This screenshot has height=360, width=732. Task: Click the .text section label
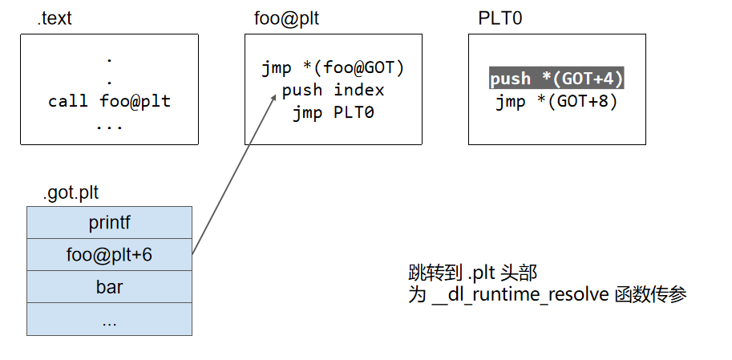coord(55,18)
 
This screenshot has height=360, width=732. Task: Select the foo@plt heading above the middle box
coord(285,18)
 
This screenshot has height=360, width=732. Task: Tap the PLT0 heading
coord(499,18)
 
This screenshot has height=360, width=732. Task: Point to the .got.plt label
coord(71,192)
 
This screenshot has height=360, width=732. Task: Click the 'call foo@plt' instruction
coord(109,102)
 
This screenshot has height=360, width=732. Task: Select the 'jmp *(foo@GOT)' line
coord(333,68)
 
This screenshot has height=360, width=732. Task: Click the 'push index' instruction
coord(333,90)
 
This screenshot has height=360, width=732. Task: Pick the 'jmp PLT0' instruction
coord(333,112)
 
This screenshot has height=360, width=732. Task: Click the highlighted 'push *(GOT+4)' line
coord(556,79)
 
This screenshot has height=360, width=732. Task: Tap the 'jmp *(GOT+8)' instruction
coord(556,101)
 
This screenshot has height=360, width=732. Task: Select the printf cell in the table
coord(109,222)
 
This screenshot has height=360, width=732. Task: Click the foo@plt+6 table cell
coord(109,255)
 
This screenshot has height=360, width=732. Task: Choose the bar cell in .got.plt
coord(109,287)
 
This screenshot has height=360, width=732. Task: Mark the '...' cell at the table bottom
coord(109,319)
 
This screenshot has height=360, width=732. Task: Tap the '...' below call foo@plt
coord(109,125)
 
